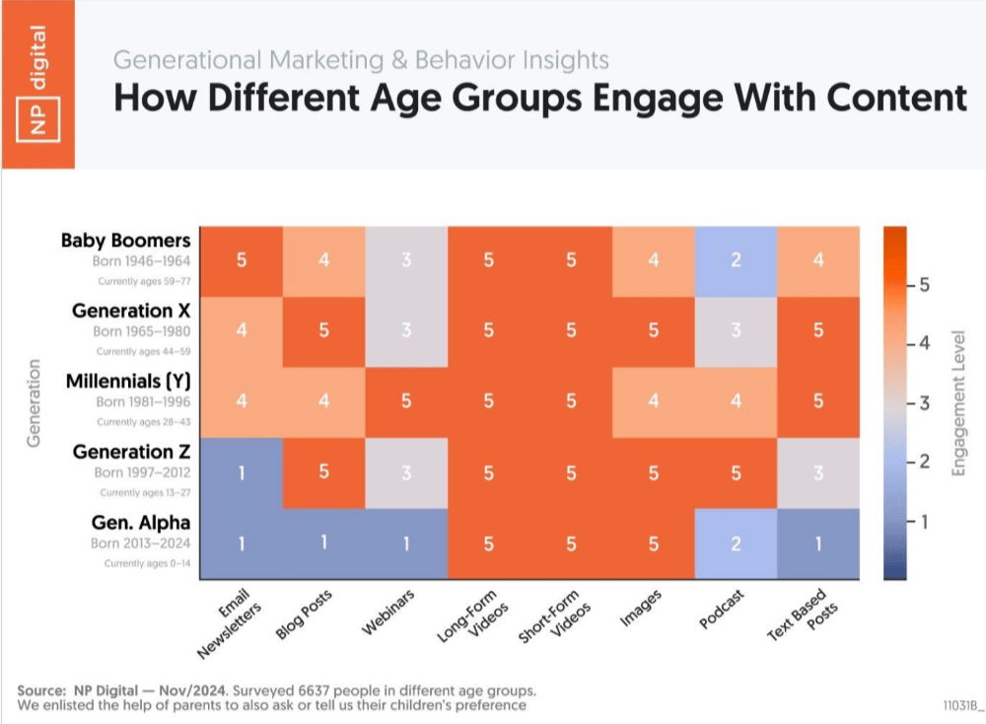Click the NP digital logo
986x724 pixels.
[x=36, y=84]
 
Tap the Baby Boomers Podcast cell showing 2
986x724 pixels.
[x=736, y=260]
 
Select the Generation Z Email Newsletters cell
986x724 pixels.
[x=241, y=472]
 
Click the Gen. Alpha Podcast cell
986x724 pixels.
[x=736, y=543]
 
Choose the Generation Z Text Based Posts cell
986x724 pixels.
[x=817, y=472]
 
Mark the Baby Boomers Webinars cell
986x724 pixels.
[x=405, y=260]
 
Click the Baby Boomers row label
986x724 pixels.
[x=125, y=240]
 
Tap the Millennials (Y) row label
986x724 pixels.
[x=129, y=382]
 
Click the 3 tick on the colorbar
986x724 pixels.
[x=921, y=402]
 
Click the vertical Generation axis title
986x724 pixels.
[x=35, y=402]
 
